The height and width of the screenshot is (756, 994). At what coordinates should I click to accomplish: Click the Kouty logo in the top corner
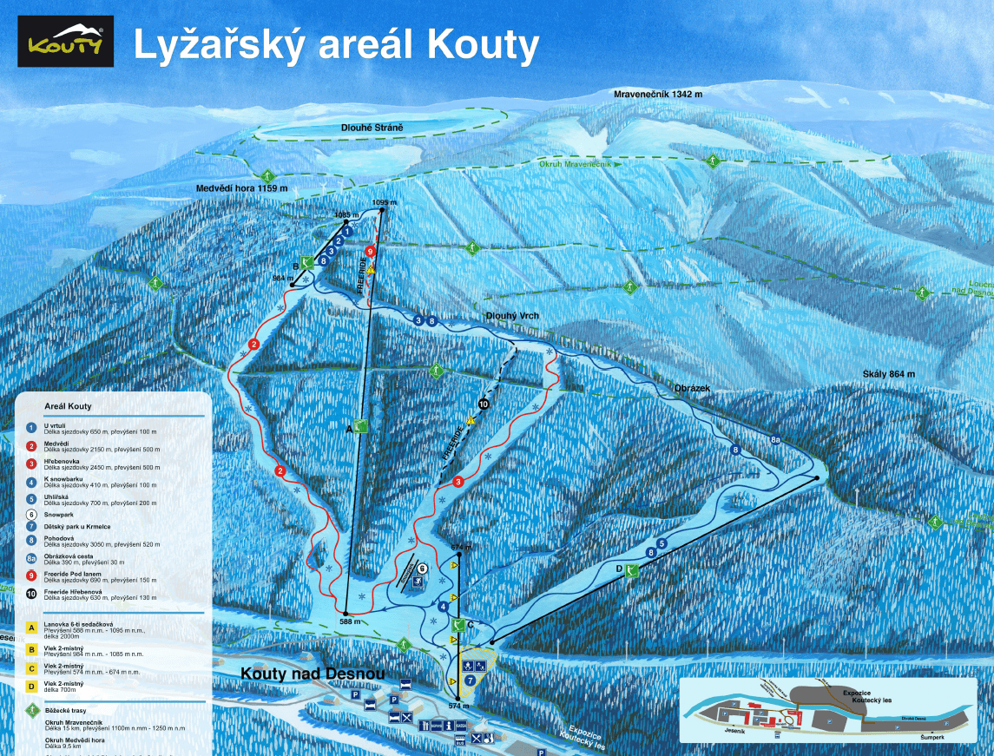pos(65,42)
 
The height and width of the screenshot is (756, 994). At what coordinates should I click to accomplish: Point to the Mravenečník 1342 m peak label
pos(657,94)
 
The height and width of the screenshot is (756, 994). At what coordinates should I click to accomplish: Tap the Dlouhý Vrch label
pos(512,316)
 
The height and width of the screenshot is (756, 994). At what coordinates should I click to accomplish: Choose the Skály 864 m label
pos(889,374)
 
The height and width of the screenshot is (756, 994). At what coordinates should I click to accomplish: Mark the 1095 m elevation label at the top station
pos(383,202)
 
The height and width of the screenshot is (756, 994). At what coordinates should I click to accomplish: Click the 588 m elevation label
pos(350,621)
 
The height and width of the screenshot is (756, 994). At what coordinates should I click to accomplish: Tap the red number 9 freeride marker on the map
pos(371,251)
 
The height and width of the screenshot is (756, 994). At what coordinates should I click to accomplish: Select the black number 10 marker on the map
pos(484,404)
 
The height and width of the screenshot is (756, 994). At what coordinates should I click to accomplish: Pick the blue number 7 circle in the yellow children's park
pos(470,680)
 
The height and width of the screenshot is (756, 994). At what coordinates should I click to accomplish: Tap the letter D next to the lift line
pos(620,569)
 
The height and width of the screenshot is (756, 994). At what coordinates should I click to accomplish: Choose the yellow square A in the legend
pos(30,625)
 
